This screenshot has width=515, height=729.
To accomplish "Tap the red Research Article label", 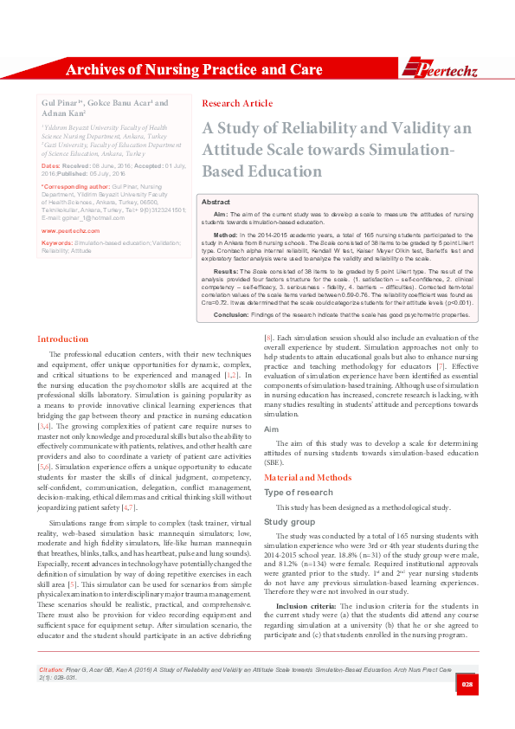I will tap(236, 103).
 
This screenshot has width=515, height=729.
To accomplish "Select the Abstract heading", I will tap(216, 200).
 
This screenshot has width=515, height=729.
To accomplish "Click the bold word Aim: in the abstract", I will tap(220, 213).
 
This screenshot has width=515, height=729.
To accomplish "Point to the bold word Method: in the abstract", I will tap(225, 235).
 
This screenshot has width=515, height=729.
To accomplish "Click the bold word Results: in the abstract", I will tap(226, 271).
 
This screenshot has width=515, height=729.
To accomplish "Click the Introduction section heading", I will tap(64, 339).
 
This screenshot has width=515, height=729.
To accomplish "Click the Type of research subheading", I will tap(299, 493).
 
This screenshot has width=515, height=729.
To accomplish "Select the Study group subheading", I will tap(289, 522).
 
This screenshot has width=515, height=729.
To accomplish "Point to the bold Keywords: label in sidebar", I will tap(57, 243).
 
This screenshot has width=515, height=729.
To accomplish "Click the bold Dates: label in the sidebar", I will tap(50, 165).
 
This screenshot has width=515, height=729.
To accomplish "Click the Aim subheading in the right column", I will tap(271, 429).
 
